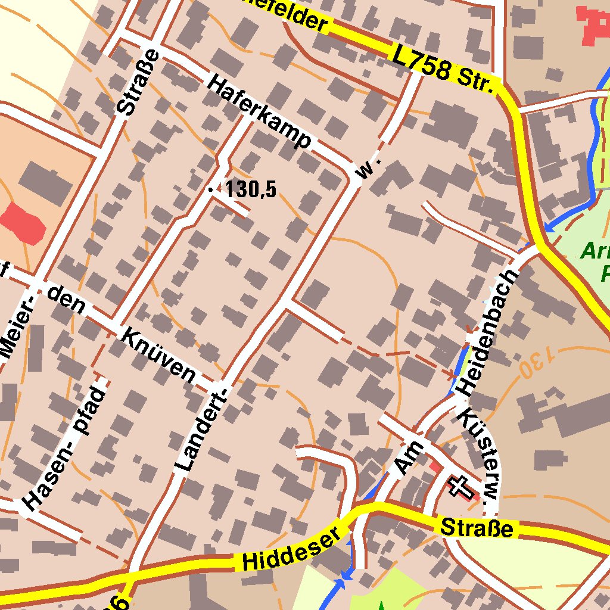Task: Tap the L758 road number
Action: (x=421, y=62)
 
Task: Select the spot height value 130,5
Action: (x=251, y=189)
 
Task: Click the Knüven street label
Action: (x=158, y=355)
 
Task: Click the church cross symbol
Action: (x=461, y=486)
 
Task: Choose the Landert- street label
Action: (x=201, y=427)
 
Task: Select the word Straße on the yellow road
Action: (x=477, y=528)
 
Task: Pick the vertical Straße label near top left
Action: (x=138, y=82)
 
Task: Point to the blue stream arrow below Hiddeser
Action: (x=343, y=580)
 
